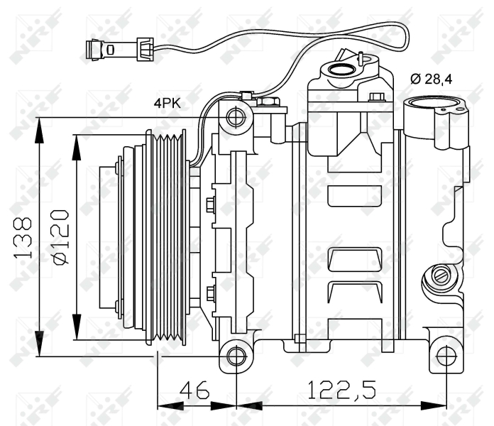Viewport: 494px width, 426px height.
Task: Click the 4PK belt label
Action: pyautogui.click(x=168, y=103)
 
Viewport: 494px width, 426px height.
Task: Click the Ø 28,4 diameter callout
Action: pyautogui.click(x=432, y=79)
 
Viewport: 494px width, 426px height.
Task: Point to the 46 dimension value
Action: pyautogui.click(x=194, y=390)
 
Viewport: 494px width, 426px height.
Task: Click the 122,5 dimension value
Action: pyautogui.click(x=341, y=390)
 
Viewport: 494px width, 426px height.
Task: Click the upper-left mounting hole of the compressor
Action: pyautogui.click(x=236, y=118)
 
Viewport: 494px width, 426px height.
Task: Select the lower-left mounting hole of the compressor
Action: pyautogui.click(x=236, y=356)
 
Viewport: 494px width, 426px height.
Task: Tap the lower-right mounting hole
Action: pyautogui.click(x=446, y=356)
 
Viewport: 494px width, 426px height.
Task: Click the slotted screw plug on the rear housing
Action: pyautogui.click(x=441, y=275)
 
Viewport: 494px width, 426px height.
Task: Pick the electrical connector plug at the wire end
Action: pyautogui.click(x=100, y=50)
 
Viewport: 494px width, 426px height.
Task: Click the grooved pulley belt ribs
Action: pyautogui.click(x=168, y=237)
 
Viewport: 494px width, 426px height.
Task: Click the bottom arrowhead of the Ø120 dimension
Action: pyautogui.click(x=77, y=327)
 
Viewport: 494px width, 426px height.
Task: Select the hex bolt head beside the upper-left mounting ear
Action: pyautogui.click(x=268, y=102)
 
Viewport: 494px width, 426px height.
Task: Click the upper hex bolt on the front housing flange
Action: pyautogui.click(x=211, y=204)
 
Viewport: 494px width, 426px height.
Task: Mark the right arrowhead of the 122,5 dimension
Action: pyautogui.click(x=434, y=406)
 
